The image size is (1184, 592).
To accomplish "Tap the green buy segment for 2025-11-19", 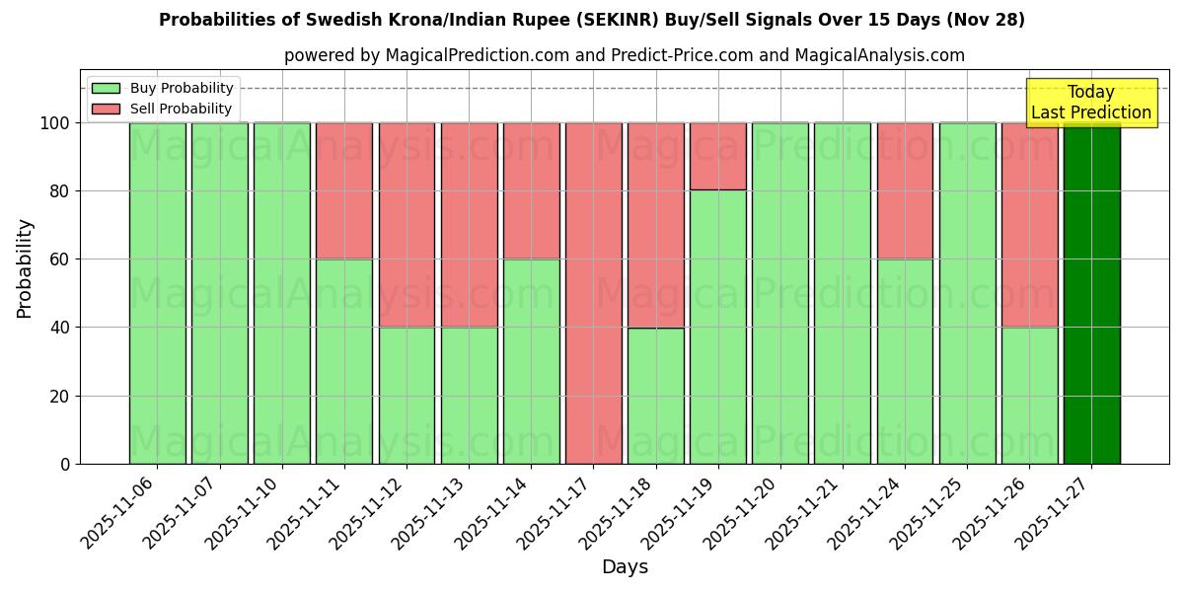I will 717,327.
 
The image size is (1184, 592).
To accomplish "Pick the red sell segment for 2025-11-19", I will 717,156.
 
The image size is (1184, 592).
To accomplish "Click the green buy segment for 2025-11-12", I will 407,395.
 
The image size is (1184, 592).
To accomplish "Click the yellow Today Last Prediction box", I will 1090,103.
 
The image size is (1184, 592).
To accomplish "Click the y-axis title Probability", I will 25,267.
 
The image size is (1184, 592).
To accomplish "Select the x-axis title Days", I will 625,567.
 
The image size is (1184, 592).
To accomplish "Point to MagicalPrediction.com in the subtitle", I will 475,55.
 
